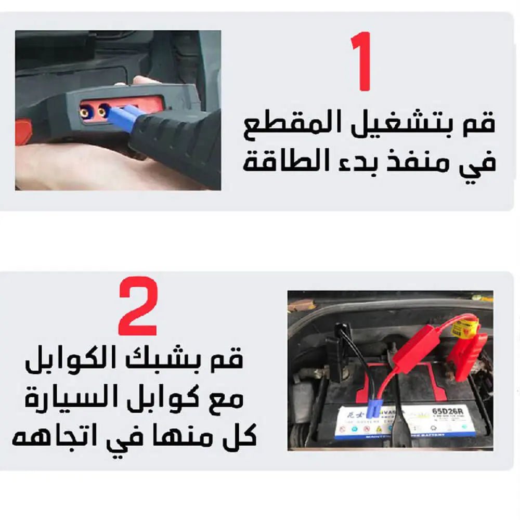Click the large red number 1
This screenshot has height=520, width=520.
coord(363,61)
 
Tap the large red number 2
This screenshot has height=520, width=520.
coord(138,306)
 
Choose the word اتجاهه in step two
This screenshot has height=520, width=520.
coord(47,437)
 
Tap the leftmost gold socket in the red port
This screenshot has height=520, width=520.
coord(85,111)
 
